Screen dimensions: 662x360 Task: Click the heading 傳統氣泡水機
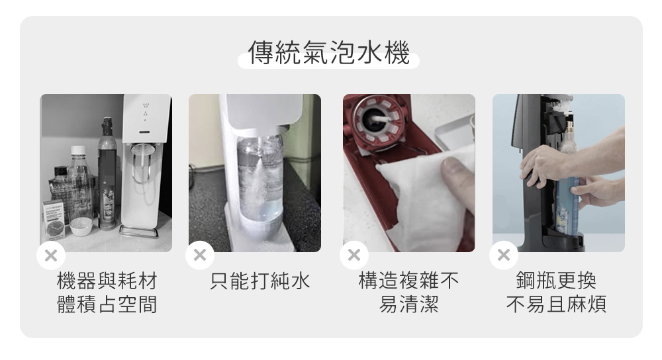pos(328,53)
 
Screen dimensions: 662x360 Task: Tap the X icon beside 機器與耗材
pos(51,255)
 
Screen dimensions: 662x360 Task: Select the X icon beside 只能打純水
pos(200,255)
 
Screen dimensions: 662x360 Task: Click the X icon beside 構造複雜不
pos(354,255)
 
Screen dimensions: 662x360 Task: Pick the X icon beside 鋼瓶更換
pos(503,255)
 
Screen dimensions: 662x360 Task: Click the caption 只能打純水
pos(260,281)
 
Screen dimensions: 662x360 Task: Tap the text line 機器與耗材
pos(107,281)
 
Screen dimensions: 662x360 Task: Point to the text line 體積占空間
pos(107,304)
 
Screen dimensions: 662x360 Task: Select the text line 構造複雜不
pos(408,281)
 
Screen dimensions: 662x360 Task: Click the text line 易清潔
pos(408,304)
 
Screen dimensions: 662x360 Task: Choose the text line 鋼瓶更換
pos(556,281)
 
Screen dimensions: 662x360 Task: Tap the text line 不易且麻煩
pos(556,304)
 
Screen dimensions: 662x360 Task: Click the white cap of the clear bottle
pos(78,150)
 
